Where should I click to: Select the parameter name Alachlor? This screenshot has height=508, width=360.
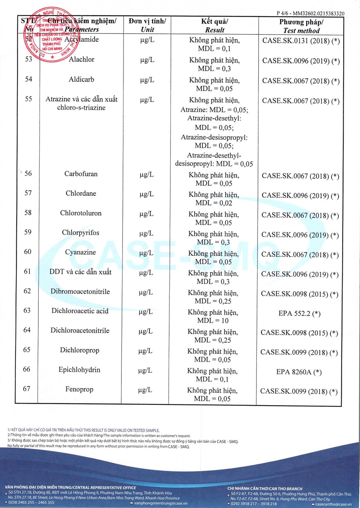[81, 60]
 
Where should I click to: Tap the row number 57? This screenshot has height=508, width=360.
[28, 193]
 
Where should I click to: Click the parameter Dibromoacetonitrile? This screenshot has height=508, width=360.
[80, 292]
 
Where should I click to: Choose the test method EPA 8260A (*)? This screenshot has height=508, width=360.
[299, 372]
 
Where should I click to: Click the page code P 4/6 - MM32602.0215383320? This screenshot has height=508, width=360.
[310, 14]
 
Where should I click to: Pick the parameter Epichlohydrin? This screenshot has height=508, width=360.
[79, 370]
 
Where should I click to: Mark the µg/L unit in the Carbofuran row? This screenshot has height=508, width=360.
[146, 175]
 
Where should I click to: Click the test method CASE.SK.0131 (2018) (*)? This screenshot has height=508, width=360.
[301, 41]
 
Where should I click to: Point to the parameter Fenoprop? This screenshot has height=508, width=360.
[79, 389]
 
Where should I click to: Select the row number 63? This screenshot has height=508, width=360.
[27, 311]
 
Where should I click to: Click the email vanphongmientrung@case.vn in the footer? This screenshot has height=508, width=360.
[160, 503]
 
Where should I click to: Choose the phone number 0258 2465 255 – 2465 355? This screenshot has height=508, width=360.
[31, 503]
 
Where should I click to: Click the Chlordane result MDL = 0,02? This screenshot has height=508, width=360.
[214, 203]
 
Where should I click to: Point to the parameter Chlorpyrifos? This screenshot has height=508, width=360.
[80, 233]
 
